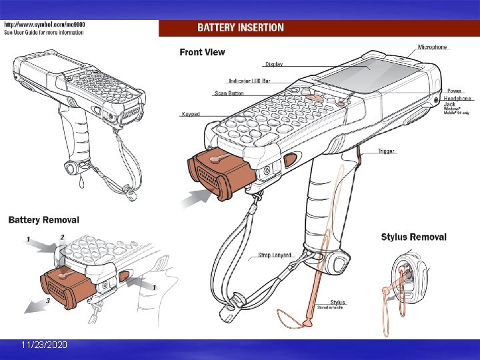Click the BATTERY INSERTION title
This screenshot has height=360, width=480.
click(241, 28)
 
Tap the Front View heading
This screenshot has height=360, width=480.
click(202, 52)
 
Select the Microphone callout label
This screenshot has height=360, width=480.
click(433, 47)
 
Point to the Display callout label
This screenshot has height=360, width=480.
click(274, 65)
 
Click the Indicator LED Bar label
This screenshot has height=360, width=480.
click(249, 81)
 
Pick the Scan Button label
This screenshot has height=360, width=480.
click(229, 94)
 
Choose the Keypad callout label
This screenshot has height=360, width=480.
click(190, 114)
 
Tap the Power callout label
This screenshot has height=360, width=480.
click(454, 91)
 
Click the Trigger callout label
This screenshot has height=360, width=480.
click(386, 151)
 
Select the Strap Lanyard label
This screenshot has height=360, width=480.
click(274, 255)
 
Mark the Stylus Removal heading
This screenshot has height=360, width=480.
click(413, 237)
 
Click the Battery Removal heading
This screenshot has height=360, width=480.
click(44, 219)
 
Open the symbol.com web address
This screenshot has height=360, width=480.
click(45, 25)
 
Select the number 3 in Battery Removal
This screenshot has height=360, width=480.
click(47, 301)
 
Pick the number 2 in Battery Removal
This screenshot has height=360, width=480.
click(62, 237)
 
